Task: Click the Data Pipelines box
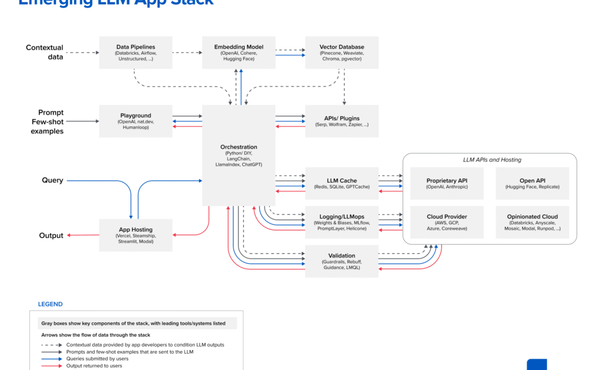pos(135,52)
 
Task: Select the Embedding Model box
pos(239,52)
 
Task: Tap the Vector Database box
pos(342,52)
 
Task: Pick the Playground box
pos(135,121)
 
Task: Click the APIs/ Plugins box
pos(342,121)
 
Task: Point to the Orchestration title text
pos(239,147)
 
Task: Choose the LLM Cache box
pos(342,183)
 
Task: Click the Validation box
pos(342,261)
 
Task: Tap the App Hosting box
pos(135,235)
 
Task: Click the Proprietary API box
pos(447,183)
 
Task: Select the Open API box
pos(532,183)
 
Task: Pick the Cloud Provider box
pos(447,222)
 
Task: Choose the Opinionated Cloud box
pos(532,222)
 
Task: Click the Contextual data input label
pos(45,52)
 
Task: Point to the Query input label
pos(52,180)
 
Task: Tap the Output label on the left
pos(51,236)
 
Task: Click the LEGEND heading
pos(50,304)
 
